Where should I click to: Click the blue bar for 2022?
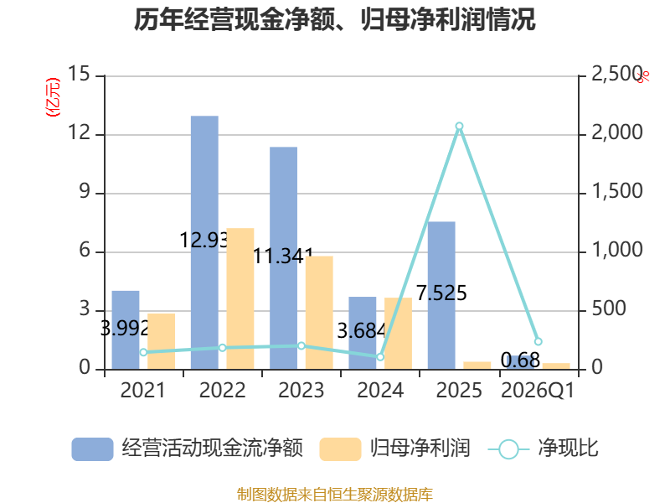click(204, 242)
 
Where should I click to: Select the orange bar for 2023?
click(319, 313)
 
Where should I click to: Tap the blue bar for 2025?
click(441, 295)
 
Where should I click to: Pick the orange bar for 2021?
click(161, 341)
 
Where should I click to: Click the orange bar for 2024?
click(399, 333)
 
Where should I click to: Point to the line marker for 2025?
click(459, 127)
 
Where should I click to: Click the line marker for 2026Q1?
click(539, 341)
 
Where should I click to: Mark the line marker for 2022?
click(222, 348)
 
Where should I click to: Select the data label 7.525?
click(441, 293)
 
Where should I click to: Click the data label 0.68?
click(520, 360)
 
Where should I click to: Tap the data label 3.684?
click(362, 331)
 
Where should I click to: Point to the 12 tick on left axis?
click(80, 132)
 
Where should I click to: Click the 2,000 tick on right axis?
click(617, 132)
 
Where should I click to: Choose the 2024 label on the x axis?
click(380, 391)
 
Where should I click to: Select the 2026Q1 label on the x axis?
click(538, 391)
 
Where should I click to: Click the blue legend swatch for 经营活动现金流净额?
click(92, 449)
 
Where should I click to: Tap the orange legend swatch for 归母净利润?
click(340, 449)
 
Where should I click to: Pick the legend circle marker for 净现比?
click(508, 449)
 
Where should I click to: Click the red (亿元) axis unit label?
click(53, 97)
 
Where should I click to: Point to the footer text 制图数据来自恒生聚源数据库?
click(335, 495)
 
